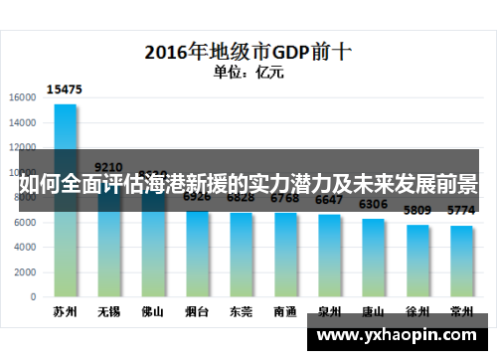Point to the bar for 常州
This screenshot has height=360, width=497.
(x=461, y=261)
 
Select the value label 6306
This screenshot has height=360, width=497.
(x=374, y=204)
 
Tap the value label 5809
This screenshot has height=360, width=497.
(x=417, y=211)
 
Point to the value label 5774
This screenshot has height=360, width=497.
(x=461, y=211)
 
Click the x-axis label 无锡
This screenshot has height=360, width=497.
(x=109, y=312)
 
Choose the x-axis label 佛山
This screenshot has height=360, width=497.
(x=153, y=312)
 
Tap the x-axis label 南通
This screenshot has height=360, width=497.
(x=285, y=312)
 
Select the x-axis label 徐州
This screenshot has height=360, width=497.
(x=417, y=312)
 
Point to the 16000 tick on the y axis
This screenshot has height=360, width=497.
(x=23, y=97)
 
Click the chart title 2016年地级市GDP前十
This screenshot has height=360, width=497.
(x=248, y=50)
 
